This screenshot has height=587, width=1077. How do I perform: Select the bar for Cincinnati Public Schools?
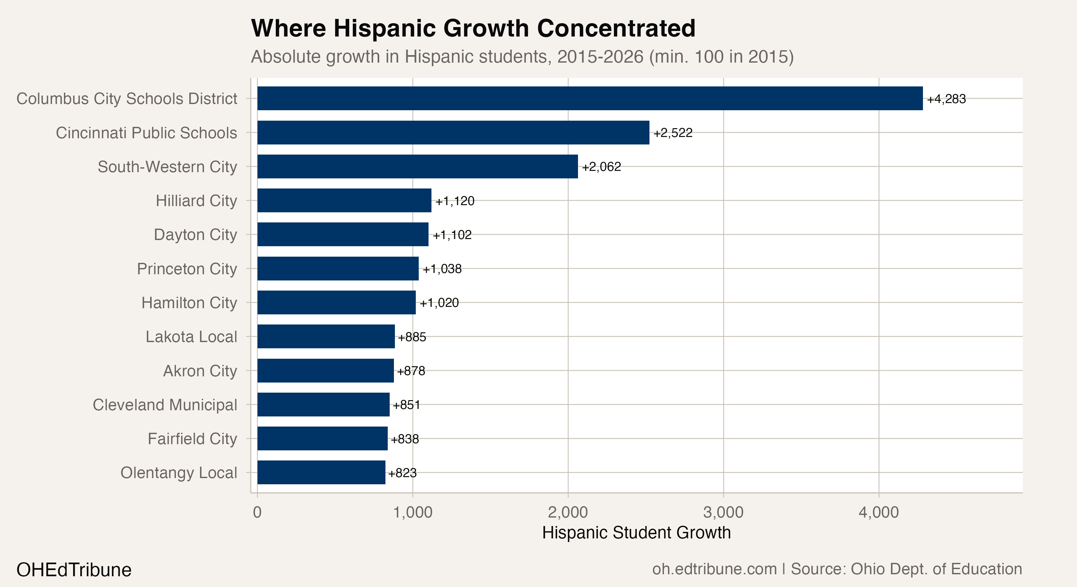pyautogui.click(x=453, y=132)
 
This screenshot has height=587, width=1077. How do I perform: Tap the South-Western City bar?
pyautogui.click(x=417, y=166)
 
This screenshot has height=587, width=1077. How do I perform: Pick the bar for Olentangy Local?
pyautogui.click(x=321, y=473)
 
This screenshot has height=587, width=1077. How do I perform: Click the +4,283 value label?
pyautogui.click(x=946, y=99)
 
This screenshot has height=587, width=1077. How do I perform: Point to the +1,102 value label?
pyautogui.click(x=452, y=235)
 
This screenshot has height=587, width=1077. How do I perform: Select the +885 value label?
pyautogui.click(x=412, y=337)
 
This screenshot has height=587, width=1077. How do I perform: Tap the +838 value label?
pyautogui.click(x=405, y=439)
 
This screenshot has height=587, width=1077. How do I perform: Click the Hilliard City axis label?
pyautogui.click(x=196, y=201)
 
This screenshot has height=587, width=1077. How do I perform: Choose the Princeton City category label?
pyautogui.click(x=187, y=269)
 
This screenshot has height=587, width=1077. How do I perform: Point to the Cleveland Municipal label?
pyautogui.click(x=165, y=404)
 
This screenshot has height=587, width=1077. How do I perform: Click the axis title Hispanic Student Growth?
pyautogui.click(x=636, y=533)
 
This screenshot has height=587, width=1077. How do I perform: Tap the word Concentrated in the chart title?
pyautogui.click(x=616, y=28)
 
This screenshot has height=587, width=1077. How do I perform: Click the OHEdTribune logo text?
pyautogui.click(x=74, y=570)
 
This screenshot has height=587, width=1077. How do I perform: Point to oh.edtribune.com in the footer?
pyautogui.click(x=714, y=569)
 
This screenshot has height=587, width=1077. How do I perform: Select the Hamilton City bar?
pyautogui.click(x=336, y=303)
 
